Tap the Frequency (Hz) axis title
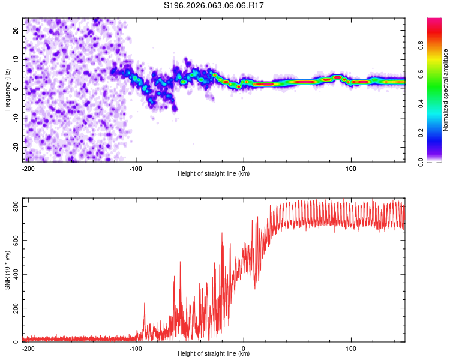[x=7, y=90]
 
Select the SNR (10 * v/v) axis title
[x=7, y=270]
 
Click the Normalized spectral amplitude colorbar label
[x=446, y=90]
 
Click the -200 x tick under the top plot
[x=28, y=168]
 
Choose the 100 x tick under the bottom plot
[x=351, y=348]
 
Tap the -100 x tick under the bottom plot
[x=136, y=348]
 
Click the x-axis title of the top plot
[x=214, y=174]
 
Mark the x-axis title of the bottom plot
[x=214, y=354]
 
